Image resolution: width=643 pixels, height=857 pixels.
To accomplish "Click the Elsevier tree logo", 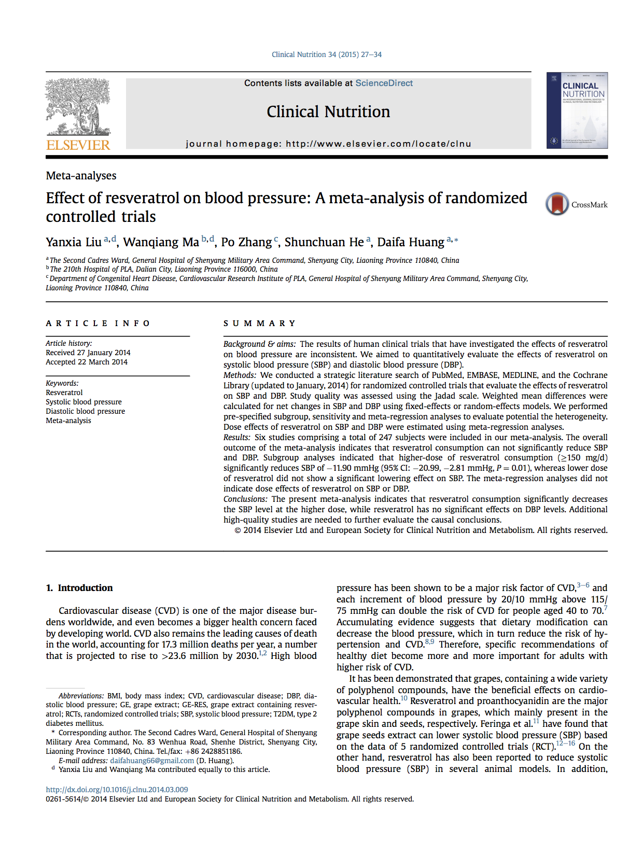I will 78,107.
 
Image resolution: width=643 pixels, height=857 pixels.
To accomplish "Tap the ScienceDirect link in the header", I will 384,83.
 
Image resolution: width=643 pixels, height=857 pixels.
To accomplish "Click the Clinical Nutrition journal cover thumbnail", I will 577,110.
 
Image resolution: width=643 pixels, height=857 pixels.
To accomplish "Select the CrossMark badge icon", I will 557,204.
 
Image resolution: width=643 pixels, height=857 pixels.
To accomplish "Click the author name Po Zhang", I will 246,242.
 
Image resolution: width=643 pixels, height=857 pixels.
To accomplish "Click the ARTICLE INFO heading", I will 97,323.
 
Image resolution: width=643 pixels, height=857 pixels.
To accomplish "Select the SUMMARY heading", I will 259,323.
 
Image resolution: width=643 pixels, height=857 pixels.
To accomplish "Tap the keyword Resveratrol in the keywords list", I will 64,392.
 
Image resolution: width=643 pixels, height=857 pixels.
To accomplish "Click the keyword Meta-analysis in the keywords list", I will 68,420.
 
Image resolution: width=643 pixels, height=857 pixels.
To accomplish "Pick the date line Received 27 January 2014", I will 88,353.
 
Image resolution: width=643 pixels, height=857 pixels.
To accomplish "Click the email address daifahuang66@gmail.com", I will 152,761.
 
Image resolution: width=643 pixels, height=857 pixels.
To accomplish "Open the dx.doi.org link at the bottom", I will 117,790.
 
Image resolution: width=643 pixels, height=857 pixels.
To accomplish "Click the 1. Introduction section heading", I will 79,587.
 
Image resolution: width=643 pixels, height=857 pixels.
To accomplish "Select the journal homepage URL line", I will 328,144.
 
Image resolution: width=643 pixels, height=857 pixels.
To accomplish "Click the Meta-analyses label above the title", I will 81,175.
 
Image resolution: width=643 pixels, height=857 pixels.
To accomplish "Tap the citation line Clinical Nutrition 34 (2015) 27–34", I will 326,54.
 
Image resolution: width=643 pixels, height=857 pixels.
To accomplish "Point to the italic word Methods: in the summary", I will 240,375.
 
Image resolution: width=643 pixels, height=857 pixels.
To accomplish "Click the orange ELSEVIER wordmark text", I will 78,145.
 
